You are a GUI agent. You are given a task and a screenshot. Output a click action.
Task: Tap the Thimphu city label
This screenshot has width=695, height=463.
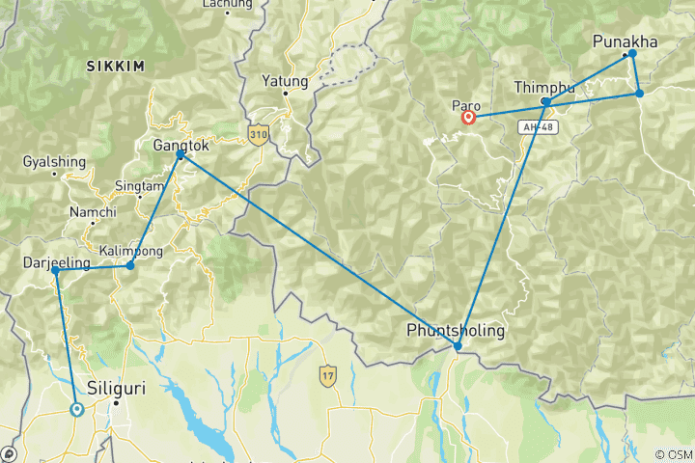[543, 87]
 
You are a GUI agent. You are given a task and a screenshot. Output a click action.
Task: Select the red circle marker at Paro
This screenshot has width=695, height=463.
[469, 119]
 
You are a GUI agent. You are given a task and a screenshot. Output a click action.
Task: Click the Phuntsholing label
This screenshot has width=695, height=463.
[456, 330]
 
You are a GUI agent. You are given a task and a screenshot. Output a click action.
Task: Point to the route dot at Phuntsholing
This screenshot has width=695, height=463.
[458, 346]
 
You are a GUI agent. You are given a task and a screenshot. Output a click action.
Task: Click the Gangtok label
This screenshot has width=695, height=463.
[180, 145]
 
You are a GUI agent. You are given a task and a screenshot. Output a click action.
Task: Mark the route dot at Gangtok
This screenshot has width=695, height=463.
[181, 154]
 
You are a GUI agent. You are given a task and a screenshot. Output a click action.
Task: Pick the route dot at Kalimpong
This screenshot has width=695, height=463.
[130, 265]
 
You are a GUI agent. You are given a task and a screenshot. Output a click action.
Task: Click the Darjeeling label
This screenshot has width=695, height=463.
[56, 262]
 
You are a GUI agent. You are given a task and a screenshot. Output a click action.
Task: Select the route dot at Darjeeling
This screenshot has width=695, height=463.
[56, 271]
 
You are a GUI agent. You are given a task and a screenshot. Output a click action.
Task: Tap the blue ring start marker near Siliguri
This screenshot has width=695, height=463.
[76, 409]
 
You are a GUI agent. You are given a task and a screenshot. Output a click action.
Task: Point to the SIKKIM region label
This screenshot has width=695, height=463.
[115, 67]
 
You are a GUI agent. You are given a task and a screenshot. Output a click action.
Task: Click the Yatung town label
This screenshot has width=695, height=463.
[286, 81]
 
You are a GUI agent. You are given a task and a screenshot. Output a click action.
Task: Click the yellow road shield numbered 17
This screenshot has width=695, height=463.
[329, 371]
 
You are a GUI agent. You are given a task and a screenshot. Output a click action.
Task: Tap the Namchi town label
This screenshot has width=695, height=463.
[93, 212]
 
